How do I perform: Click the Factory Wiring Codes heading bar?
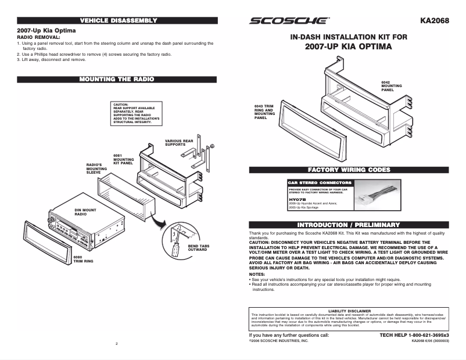(x=349, y=170)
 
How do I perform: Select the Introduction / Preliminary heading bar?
(x=349, y=224)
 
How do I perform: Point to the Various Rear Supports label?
(x=179, y=142)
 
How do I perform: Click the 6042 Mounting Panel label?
(x=390, y=86)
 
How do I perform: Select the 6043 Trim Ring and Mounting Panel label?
(x=264, y=111)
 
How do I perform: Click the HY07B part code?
(x=297, y=199)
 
